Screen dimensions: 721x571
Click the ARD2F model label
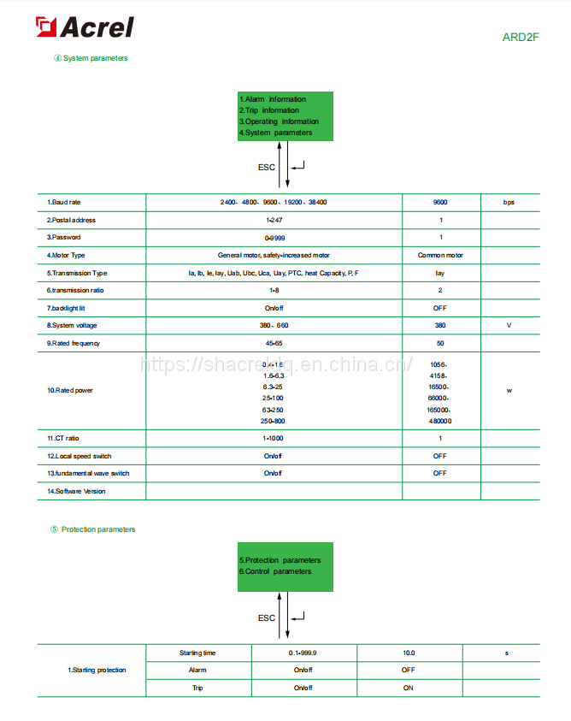point(520,37)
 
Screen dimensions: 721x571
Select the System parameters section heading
point(95,58)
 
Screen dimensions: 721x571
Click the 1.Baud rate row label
point(65,203)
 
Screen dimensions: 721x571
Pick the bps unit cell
point(509,203)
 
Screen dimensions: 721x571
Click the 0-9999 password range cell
point(274,237)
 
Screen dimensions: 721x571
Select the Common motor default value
point(440,255)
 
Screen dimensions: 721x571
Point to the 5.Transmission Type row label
point(77,273)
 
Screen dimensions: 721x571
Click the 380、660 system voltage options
point(274,325)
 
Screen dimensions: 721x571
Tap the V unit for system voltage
point(509,325)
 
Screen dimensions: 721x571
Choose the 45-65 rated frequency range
point(274,343)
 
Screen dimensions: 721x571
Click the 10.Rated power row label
point(70,390)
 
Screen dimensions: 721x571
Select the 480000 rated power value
point(440,421)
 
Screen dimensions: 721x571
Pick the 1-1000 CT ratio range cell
point(274,438)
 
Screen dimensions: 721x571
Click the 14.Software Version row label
point(76,491)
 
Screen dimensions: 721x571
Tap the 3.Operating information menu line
point(279,121)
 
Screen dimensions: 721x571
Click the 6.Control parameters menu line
point(275,571)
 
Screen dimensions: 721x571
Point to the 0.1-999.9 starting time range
point(303,653)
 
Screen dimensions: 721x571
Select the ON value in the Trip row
point(409,688)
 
